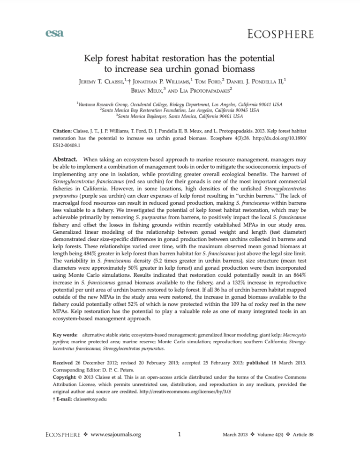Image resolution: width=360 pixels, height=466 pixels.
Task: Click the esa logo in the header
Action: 55,33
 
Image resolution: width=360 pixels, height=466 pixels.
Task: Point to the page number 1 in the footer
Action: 180,447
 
